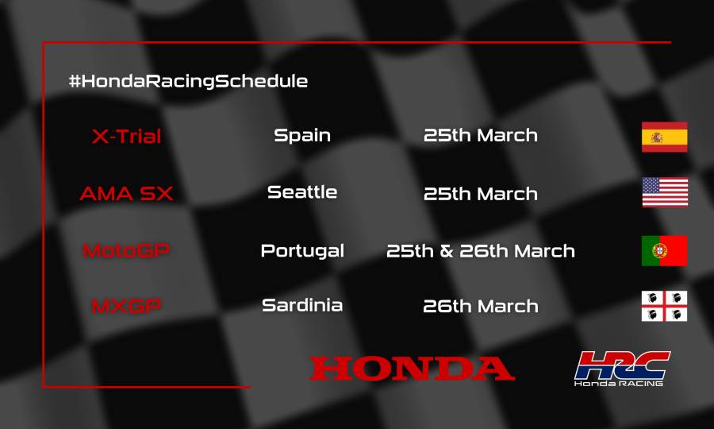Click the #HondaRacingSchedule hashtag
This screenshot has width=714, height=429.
[188, 81]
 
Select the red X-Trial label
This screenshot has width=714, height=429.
[126, 137]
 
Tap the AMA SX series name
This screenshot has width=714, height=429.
[126, 193]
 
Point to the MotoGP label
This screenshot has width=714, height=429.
[126, 250]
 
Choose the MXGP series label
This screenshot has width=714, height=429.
[126, 306]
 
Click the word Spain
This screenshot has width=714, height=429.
[302, 135]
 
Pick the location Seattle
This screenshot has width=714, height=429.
[302, 191]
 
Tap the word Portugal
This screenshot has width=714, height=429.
[302, 250]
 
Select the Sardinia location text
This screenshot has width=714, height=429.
[302, 305]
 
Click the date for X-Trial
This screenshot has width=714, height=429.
[481, 135]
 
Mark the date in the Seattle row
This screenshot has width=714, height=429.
[481, 193]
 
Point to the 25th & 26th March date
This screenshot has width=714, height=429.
[481, 250]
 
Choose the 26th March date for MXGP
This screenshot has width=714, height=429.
[481, 306]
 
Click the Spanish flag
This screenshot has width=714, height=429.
[664, 137]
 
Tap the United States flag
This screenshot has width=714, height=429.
[664, 192]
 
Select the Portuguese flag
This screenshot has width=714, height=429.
[664, 250]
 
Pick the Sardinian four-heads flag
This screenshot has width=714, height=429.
[664, 306]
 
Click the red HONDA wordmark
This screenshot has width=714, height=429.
[412, 369]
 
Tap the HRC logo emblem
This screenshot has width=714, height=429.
[622, 365]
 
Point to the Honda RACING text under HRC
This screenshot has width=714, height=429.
[619, 383]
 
